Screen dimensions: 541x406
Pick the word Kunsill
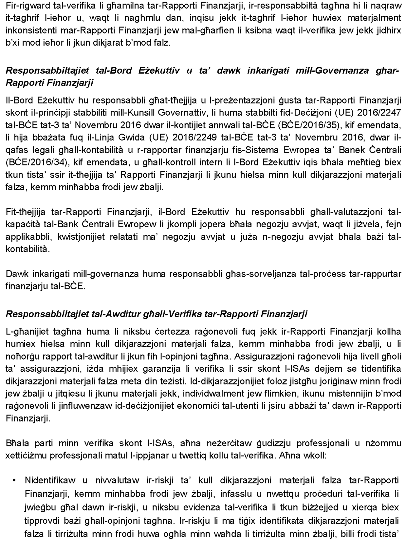(141, 113)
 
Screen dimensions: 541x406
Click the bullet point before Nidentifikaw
(14, 481)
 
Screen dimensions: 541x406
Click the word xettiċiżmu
(29, 456)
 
